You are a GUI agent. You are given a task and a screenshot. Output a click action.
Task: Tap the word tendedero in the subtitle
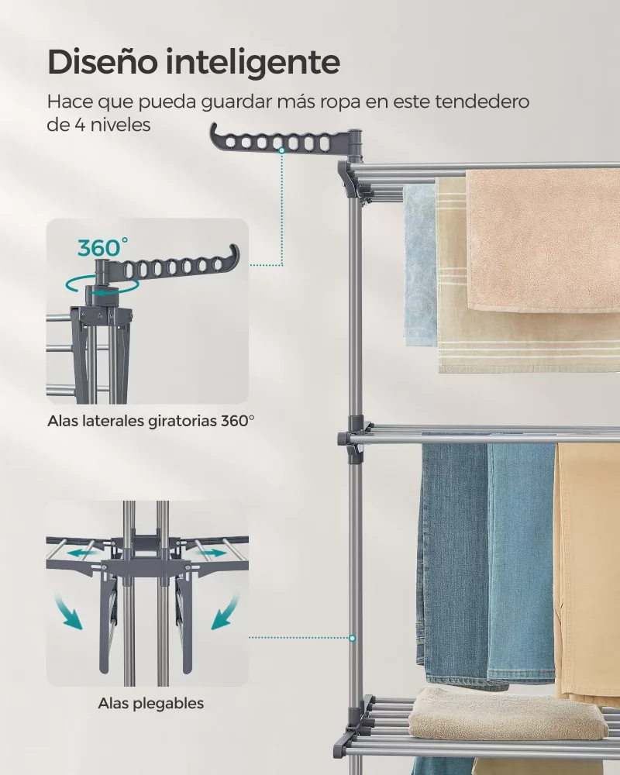482,102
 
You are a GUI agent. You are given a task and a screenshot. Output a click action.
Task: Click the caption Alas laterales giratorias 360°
151,421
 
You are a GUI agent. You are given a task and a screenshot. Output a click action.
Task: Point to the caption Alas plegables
151,703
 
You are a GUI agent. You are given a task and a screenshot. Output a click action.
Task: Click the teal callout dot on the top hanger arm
281,150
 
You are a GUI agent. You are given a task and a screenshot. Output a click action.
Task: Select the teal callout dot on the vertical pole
352,638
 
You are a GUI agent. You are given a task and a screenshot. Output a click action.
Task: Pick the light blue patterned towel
420,265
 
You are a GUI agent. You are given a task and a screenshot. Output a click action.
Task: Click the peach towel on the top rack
542,241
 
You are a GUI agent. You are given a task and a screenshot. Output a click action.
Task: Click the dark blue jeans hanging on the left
454,563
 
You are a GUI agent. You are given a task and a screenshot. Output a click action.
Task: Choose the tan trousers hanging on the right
588,568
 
